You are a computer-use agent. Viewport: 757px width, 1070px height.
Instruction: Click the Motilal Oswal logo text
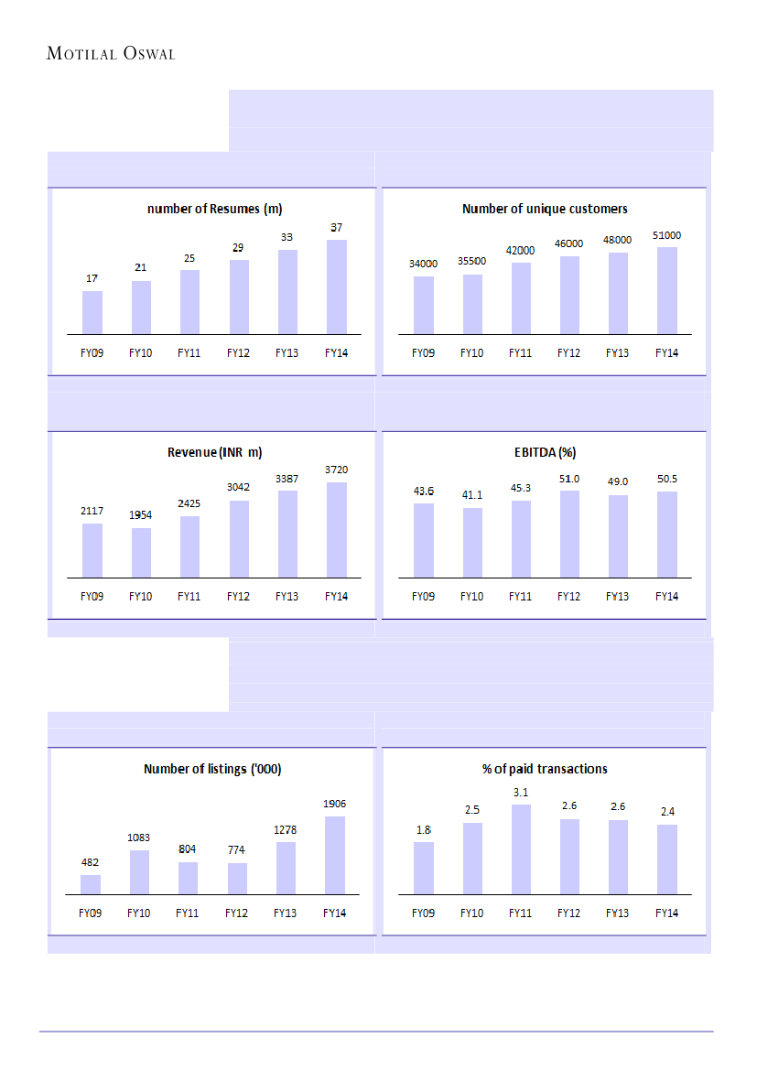pos(110,54)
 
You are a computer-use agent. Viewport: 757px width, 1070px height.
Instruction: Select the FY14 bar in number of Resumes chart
pos(336,286)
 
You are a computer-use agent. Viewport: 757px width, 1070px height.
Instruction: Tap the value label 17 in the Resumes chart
pos(92,278)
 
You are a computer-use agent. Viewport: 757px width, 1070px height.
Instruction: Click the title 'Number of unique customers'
pos(545,210)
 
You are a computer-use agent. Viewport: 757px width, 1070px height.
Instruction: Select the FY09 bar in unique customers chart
pos(423,305)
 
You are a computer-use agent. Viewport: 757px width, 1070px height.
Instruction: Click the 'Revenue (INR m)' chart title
pos(215,452)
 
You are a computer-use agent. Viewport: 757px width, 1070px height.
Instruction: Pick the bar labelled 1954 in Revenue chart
pos(141,553)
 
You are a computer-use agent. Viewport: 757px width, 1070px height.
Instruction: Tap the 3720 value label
pos(336,470)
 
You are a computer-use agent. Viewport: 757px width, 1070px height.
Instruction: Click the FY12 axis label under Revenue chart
pos(238,597)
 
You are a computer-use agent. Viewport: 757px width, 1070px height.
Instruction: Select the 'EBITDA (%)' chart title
pos(545,452)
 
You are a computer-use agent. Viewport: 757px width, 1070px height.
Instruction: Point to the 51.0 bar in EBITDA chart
pos(569,534)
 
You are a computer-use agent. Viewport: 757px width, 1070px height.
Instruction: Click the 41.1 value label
pos(472,495)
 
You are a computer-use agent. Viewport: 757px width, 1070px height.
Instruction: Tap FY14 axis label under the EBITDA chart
pos(667,597)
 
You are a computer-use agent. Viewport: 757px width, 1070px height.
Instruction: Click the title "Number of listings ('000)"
pos(212,769)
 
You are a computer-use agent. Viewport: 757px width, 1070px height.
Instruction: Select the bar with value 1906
pos(335,855)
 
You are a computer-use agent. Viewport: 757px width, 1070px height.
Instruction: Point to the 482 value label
pos(91,862)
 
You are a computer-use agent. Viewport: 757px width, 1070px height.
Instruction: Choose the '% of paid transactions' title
pos(545,769)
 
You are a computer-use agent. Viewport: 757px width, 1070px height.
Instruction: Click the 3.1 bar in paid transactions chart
pos(521,849)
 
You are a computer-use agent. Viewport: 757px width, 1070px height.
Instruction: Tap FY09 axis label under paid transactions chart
pos(423,913)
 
